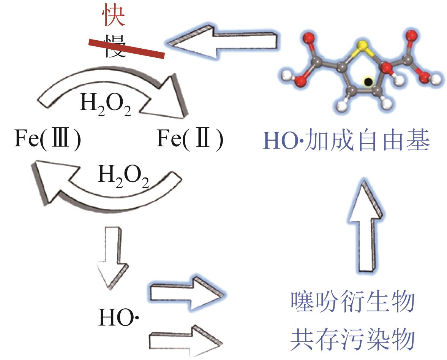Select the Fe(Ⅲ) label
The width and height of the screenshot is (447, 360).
pos(47,140)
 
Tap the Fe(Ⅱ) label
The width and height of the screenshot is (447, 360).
pos(190,140)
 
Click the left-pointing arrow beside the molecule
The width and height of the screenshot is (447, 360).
pos(224,41)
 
